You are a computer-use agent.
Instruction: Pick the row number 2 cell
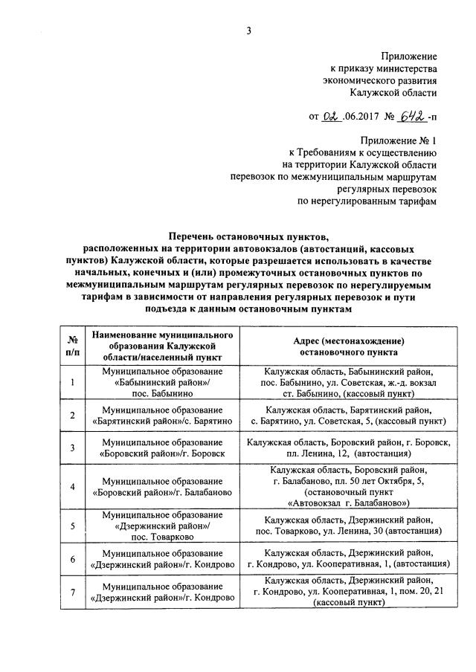coord(72,415)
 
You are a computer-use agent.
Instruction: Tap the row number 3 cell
coord(72,448)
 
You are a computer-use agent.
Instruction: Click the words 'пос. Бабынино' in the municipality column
coord(163,393)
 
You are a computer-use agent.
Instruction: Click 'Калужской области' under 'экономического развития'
coord(394,93)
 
